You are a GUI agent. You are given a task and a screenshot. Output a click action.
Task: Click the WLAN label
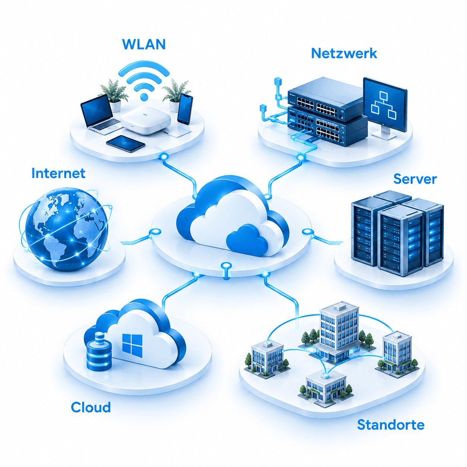click(144, 44)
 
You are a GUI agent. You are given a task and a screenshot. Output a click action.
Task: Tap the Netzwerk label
click(344, 53)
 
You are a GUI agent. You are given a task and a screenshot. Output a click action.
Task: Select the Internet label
click(58, 173)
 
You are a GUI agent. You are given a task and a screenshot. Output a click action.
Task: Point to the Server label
click(415, 179)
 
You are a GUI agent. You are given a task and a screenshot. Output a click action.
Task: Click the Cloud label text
click(90, 407)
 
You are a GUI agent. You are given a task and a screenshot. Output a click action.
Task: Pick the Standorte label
click(391, 425)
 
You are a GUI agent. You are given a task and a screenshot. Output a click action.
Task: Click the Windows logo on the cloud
click(132, 344)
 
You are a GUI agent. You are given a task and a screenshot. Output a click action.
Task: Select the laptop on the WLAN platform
click(100, 114)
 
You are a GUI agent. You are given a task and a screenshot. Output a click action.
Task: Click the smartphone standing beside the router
click(185, 109)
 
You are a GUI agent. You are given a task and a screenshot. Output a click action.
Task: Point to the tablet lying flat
click(126, 143)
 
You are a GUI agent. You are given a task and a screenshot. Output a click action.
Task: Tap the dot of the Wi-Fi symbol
click(144, 97)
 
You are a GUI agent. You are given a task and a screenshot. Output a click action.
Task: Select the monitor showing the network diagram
click(385, 108)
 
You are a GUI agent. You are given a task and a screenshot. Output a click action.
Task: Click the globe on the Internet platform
click(67, 229)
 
